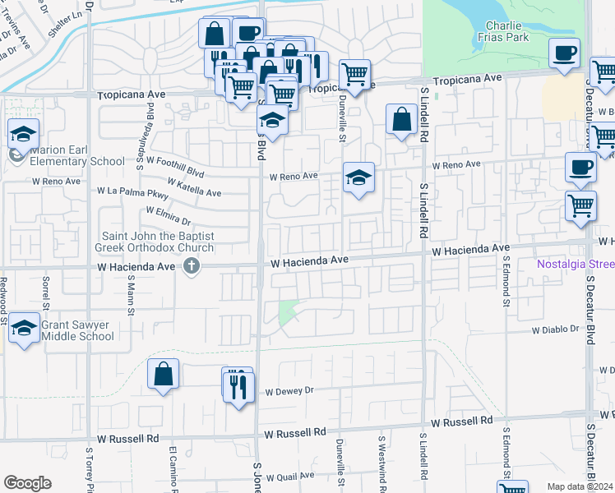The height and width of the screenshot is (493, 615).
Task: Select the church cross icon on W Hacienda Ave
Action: pos(192,266)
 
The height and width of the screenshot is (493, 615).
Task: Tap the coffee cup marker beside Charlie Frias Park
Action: pos(565,53)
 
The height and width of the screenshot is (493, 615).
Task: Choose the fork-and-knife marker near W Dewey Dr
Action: pos(237,384)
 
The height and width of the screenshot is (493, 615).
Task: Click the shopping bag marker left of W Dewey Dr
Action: pos(164,375)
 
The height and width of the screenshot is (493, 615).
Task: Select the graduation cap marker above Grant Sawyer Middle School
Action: pos(25,327)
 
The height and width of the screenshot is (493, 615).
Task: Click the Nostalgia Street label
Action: pos(576,264)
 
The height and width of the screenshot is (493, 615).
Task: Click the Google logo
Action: pos(27,483)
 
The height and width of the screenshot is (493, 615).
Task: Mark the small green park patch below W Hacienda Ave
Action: pos(288,312)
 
